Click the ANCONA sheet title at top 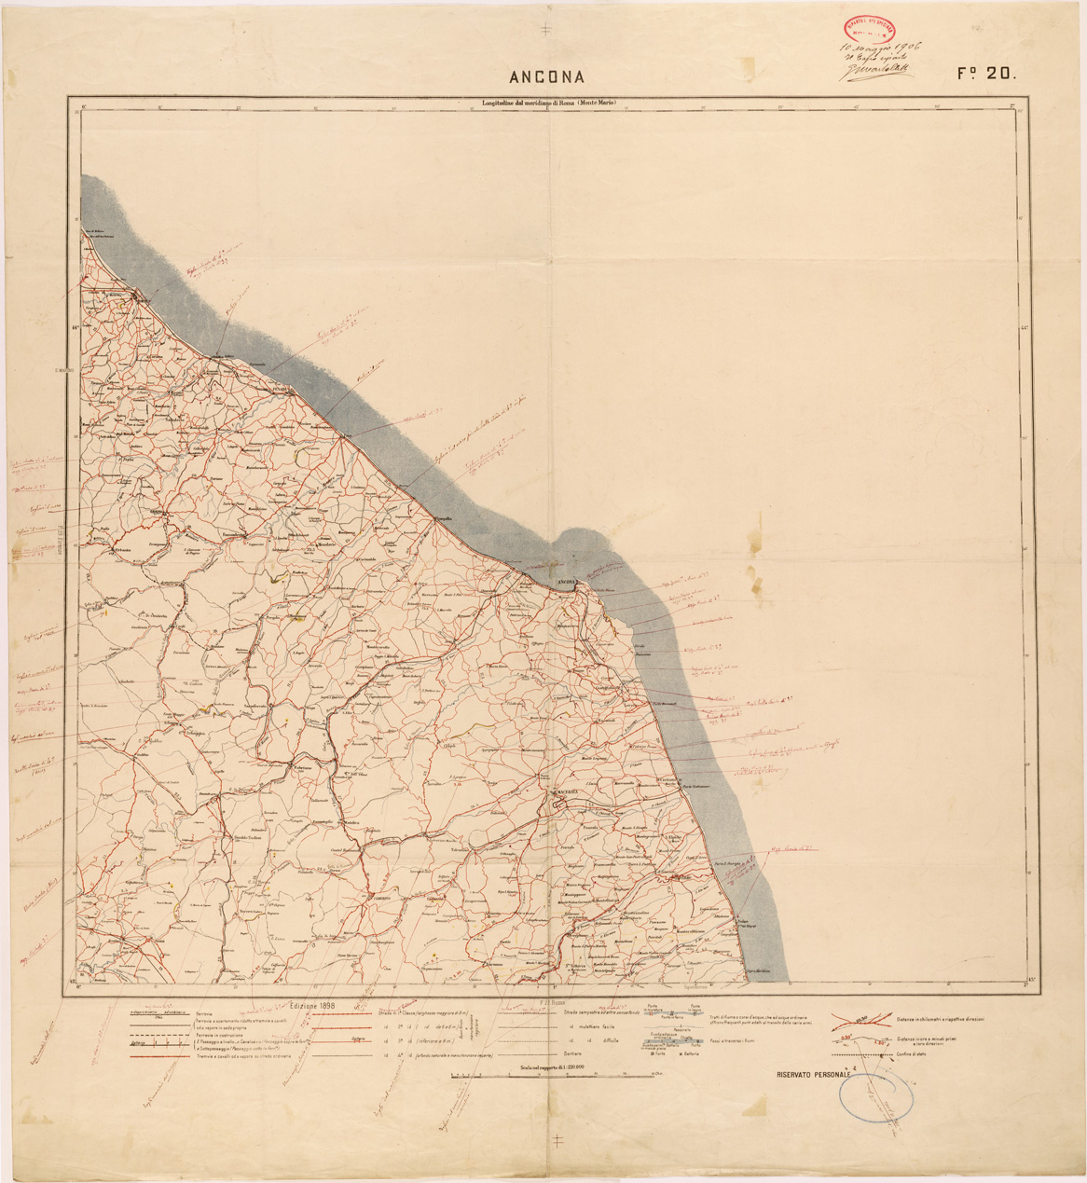point(546,76)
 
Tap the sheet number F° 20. point(984,75)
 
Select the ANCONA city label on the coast point(567,583)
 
